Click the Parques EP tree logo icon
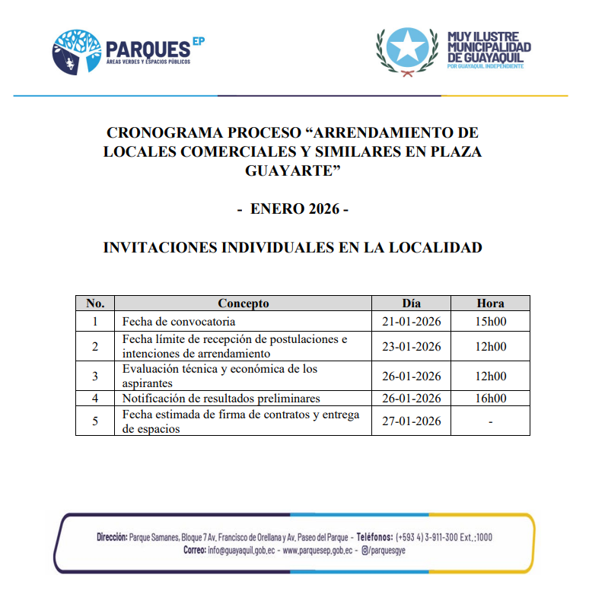coord(77,51)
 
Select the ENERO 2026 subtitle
coord(293,208)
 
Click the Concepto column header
coord(243,303)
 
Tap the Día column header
coord(412,303)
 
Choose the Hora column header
coord(490,303)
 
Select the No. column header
coord(95,303)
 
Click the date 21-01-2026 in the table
coord(412,321)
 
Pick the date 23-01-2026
coord(412,347)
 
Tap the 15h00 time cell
coord(490,321)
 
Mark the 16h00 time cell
coord(490,399)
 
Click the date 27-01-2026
coord(412,421)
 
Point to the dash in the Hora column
coord(490,422)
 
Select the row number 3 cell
coord(95,376)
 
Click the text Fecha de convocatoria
coord(178,321)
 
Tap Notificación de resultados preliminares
coord(221,399)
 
